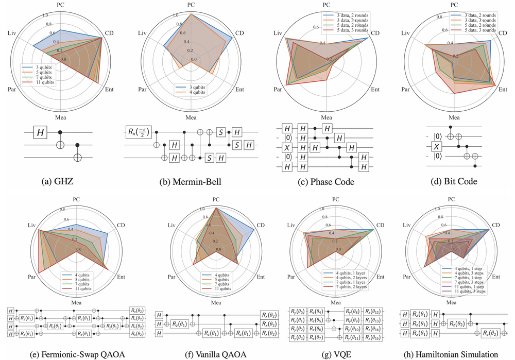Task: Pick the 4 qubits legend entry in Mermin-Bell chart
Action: pos(193,93)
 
